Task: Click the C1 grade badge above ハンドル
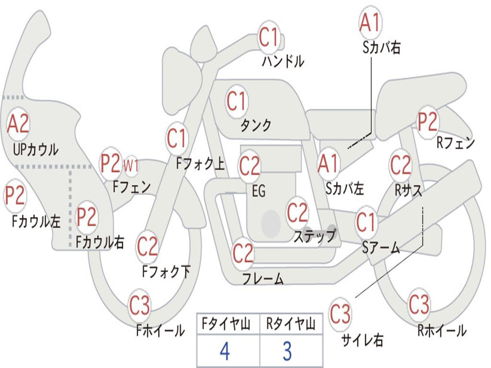[269, 37]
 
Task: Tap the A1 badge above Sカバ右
[370, 23]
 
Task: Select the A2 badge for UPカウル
[18, 124]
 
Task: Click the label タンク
[256, 126]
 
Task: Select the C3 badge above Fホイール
[140, 305]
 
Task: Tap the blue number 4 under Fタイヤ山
[224, 351]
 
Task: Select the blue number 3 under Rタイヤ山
[287, 351]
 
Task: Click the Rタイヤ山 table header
[291, 325]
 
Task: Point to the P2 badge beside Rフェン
[428, 122]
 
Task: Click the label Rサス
[409, 190]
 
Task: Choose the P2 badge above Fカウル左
[15, 196]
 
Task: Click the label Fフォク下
[166, 272]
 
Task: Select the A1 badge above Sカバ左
[328, 163]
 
